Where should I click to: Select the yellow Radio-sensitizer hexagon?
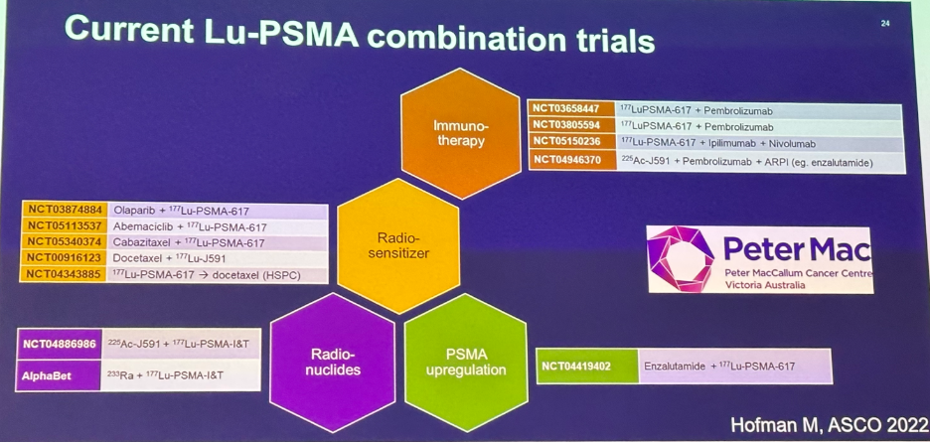(x=398, y=245)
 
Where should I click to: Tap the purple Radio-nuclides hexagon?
(x=332, y=362)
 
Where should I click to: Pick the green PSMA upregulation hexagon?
(x=466, y=362)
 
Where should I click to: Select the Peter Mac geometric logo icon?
(x=681, y=258)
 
